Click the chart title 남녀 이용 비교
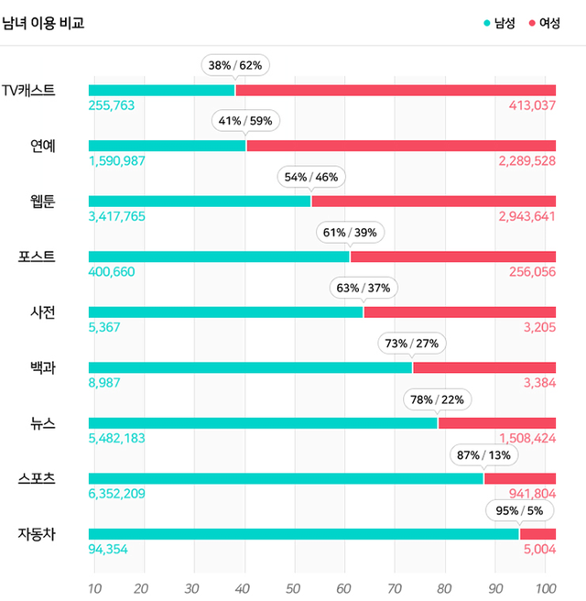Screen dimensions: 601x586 (x=44, y=23)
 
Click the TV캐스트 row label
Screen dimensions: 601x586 (x=28, y=90)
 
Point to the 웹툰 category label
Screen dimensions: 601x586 (x=42, y=201)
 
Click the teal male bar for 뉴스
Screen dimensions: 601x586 (x=263, y=422)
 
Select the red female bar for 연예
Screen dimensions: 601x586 (x=401, y=145)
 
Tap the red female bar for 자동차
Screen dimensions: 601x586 (x=537, y=533)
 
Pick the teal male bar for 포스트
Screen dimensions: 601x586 (x=219, y=257)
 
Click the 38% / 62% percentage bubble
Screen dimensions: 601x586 (x=235, y=65)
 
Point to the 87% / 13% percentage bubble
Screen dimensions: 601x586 (x=483, y=453)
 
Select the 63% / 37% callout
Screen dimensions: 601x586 (x=364, y=288)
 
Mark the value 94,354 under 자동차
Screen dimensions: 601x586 (x=108, y=549)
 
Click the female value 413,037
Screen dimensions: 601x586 (x=532, y=105)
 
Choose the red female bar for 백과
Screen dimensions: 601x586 (x=483, y=367)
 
